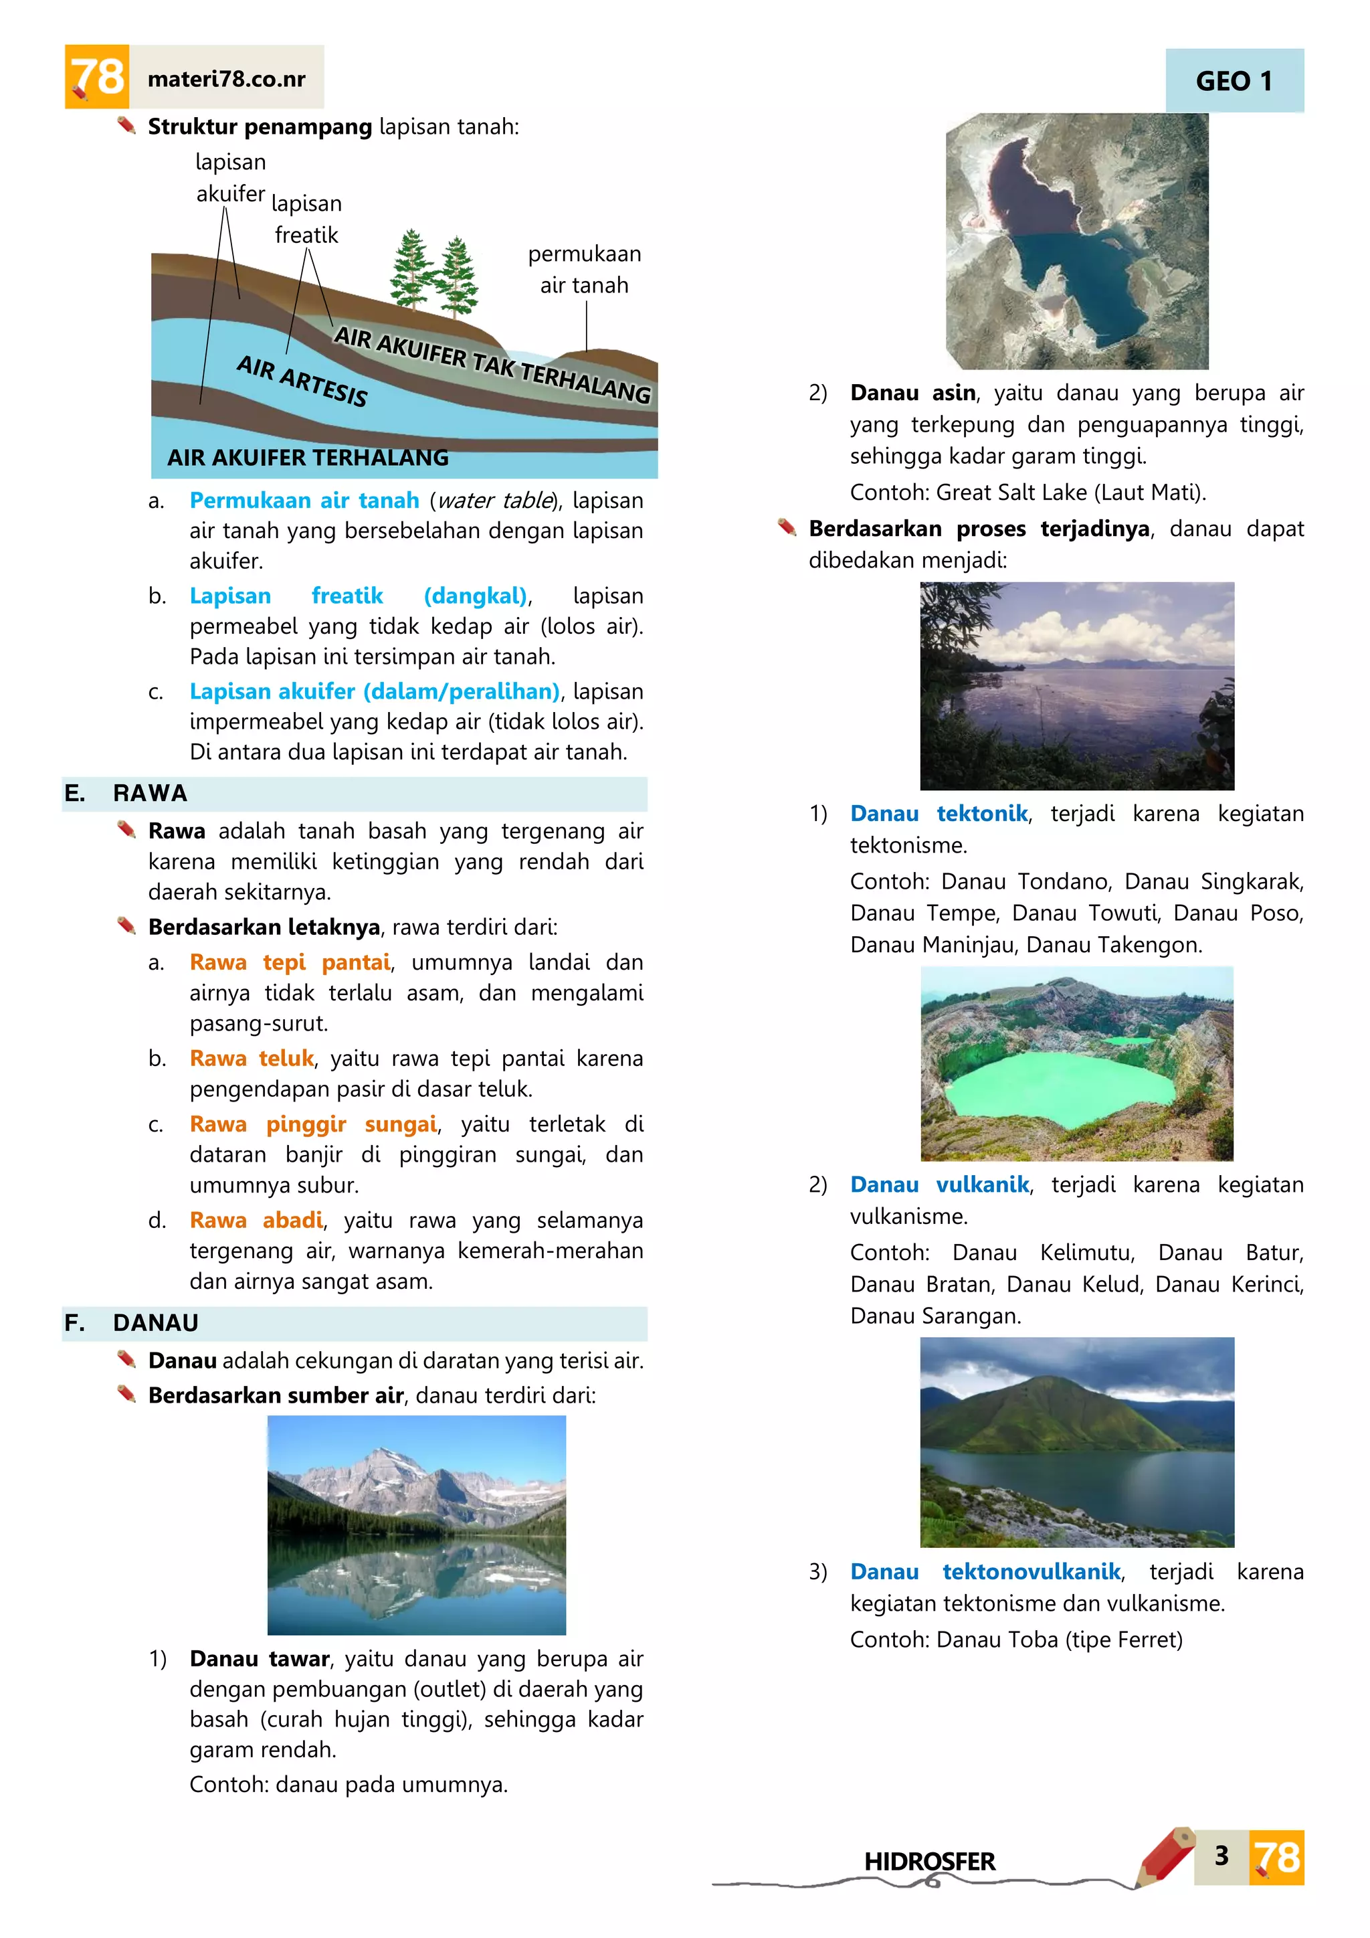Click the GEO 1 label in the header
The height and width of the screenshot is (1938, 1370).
click(x=1234, y=81)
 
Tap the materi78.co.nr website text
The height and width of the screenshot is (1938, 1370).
click(x=226, y=80)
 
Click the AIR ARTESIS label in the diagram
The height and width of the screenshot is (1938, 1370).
click(x=302, y=380)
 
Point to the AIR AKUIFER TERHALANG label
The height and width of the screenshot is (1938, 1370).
click(x=308, y=458)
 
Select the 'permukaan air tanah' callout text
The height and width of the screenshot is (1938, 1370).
click(x=584, y=269)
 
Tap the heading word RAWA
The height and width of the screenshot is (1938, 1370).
click(x=150, y=794)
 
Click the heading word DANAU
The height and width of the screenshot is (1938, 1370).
click(x=156, y=1322)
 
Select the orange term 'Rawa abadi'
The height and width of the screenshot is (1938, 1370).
click(x=256, y=1220)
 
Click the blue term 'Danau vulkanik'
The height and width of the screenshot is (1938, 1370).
click(x=939, y=1184)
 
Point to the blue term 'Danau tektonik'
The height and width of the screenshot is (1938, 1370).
click(x=938, y=813)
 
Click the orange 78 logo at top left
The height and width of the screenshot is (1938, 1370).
click(x=97, y=77)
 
